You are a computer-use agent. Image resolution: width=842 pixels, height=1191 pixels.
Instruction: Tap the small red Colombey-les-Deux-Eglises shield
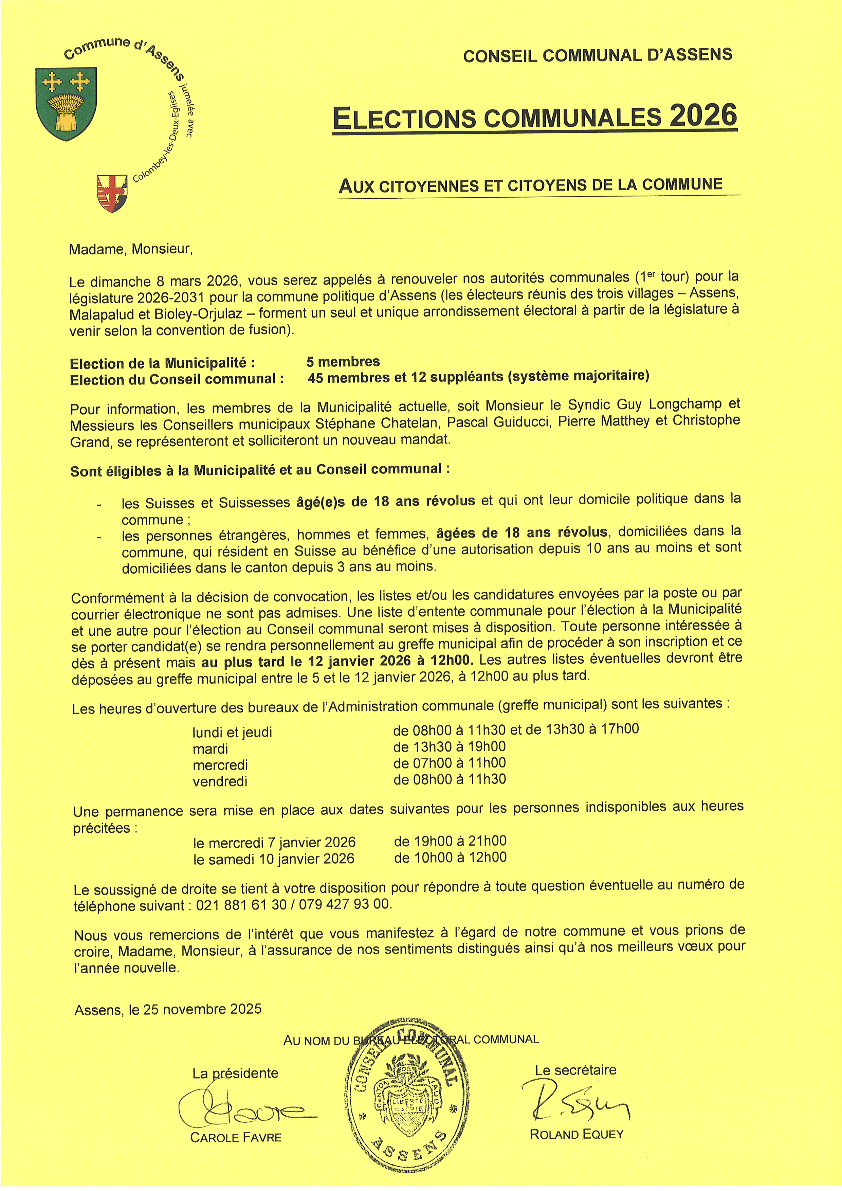[111, 193]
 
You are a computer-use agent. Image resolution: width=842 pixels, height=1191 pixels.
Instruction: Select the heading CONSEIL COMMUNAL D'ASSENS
[597, 55]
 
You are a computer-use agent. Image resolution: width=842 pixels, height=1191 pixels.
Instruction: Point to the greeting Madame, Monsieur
[131, 250]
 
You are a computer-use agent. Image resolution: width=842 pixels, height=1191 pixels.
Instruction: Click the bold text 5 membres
[343, 362]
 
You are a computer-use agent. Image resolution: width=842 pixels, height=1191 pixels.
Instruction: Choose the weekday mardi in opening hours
[210, 748]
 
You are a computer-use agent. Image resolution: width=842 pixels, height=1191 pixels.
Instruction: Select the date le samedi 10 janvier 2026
[274, 859]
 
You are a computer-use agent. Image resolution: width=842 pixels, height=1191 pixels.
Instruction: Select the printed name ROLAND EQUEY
[576, 1135]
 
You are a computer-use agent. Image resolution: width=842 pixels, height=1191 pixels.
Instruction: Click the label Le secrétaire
[575, 1070]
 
